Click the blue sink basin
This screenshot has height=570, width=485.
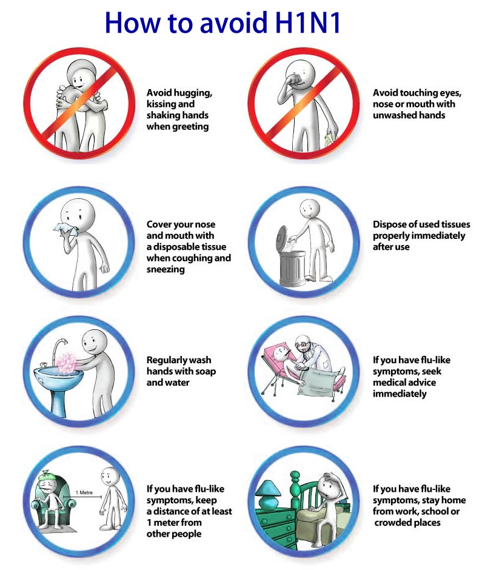click(x=54, y=374)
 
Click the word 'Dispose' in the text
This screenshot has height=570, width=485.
click(x=390, y=224)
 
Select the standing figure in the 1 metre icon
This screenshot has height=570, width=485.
click(x=109, y=497)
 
